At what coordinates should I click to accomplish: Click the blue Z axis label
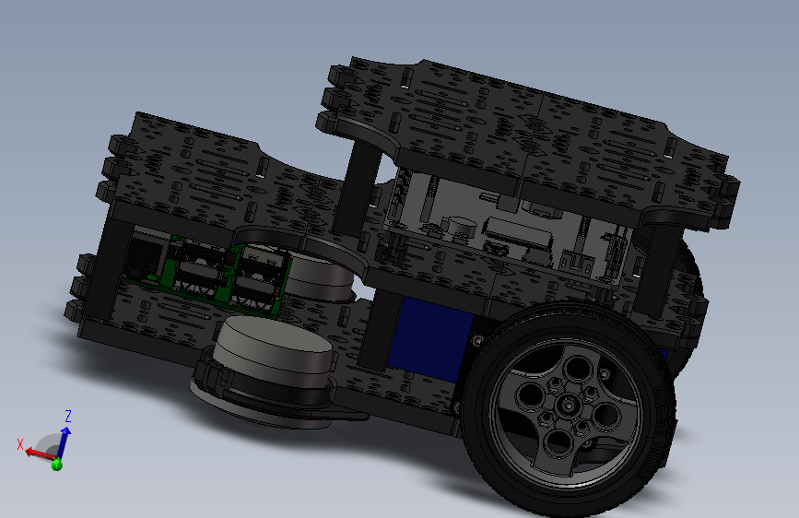pyautogui.click(x=68, y=416)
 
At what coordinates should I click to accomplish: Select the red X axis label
pyautogui.click(x=20, y=443)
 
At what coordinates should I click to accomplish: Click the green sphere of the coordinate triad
pyautogui.click(x=56, y=464)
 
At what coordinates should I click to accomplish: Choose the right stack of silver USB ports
pyautogui.click(x=260, y=277)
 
